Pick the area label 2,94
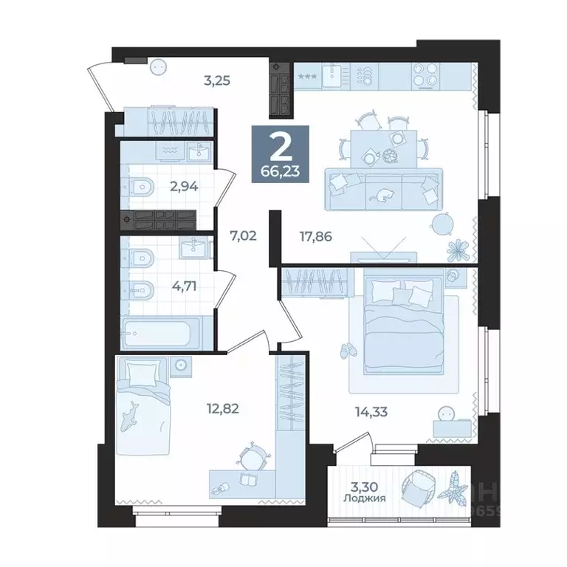[185, 187]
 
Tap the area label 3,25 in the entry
[218, 80]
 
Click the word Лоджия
[367, 498]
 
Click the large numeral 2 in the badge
[279, 148]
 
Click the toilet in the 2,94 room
[142, 188]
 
